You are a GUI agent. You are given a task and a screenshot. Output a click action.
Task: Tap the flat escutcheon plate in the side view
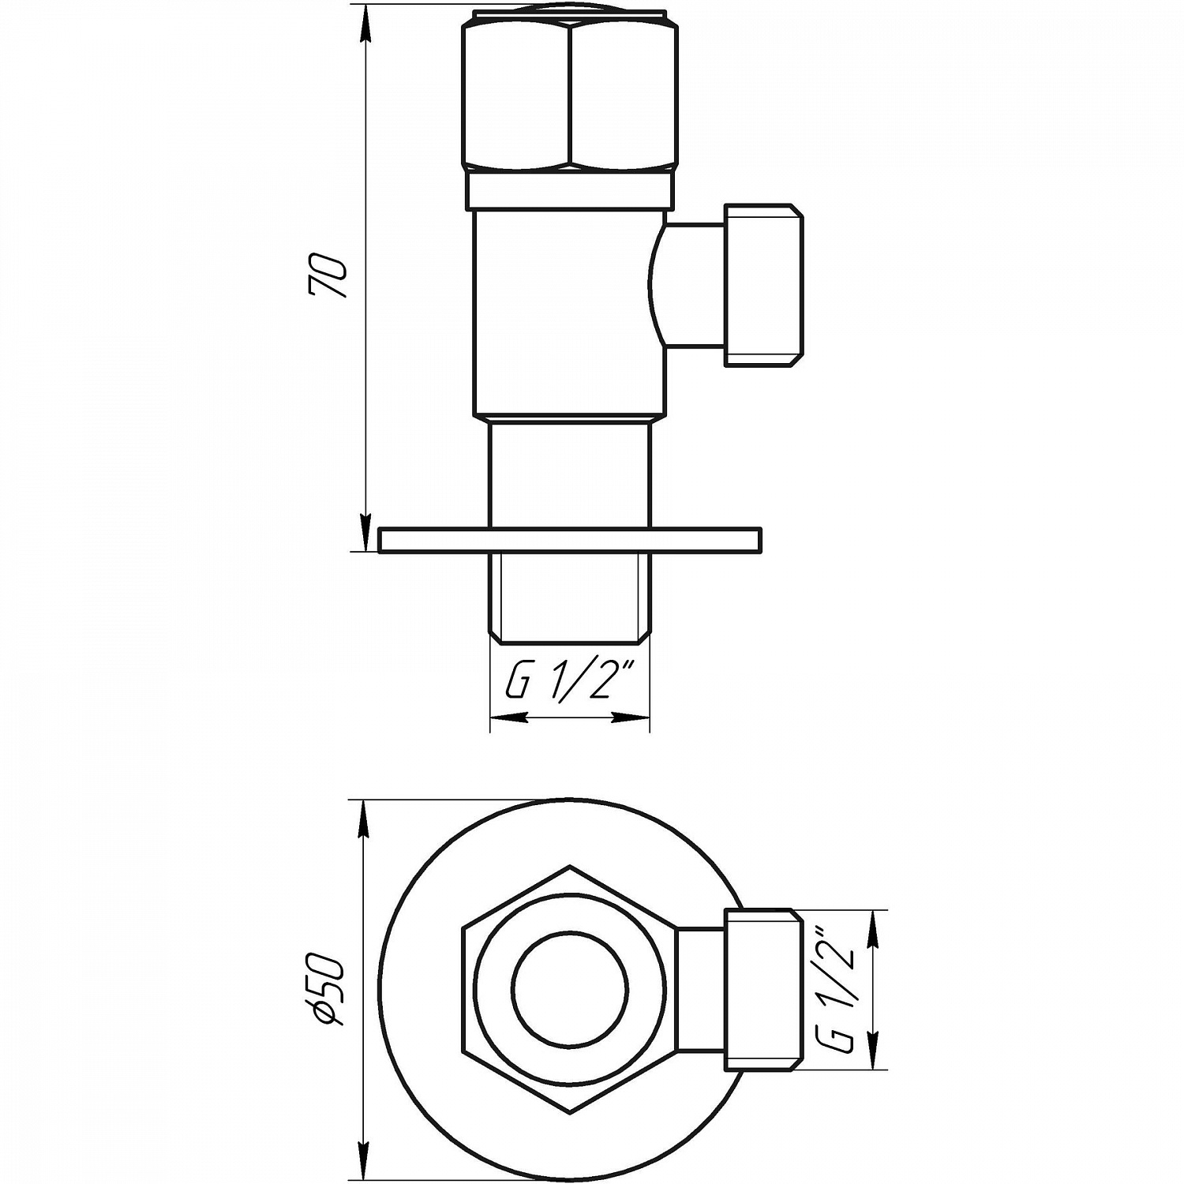(x=570, y=540)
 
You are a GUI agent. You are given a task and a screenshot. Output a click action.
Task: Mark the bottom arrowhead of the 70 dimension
(x=365, y=533)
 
